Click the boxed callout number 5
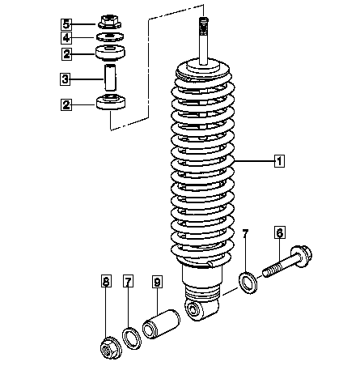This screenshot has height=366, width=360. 66,24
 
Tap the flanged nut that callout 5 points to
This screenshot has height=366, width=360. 109,22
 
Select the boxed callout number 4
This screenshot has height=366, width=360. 66,38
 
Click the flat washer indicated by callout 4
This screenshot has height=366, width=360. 110,37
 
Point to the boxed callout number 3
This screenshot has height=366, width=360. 65,79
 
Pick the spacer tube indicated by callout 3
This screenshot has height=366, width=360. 110,78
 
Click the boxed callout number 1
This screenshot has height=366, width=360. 279,161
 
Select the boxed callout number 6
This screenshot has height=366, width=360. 280,232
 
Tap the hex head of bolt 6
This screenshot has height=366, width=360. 302,255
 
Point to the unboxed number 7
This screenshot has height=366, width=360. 245,234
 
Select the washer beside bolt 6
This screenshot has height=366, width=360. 248,283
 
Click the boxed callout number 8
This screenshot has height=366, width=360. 106,281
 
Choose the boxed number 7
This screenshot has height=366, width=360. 128,281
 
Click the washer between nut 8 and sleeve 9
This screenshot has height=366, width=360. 132,338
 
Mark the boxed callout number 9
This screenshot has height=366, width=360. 157,282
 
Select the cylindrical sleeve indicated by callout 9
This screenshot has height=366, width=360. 161,323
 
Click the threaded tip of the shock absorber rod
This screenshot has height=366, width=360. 204,23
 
